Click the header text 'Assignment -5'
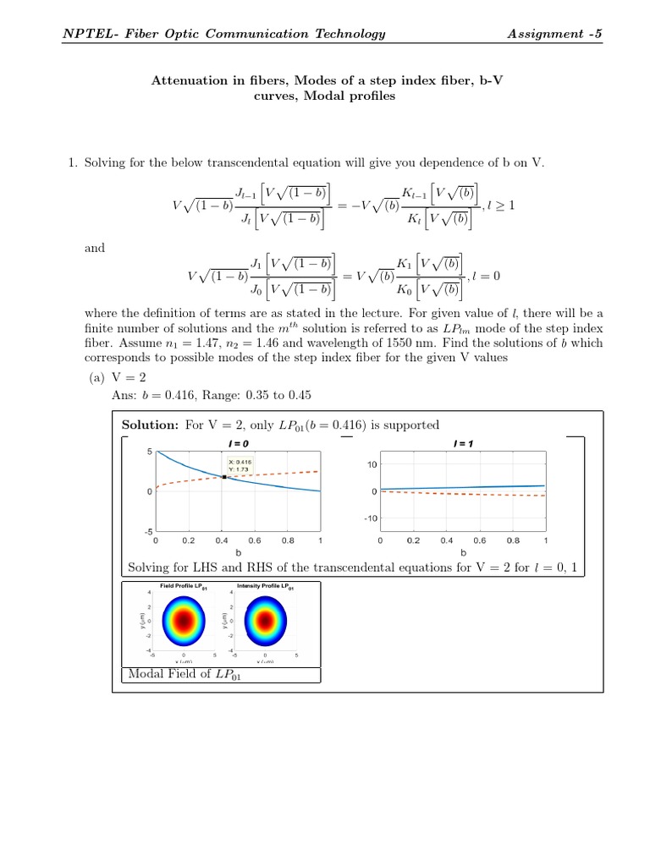point(554,34)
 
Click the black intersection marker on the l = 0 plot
point(222,477)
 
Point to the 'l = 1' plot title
point(463,443)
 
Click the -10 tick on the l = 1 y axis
point(369,518)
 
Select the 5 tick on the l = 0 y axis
point(149,452)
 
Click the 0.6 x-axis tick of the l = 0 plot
point(254,540)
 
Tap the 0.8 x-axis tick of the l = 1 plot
point(513,540)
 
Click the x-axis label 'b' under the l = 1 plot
point(463,552)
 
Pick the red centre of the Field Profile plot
point(184,621)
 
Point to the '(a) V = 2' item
point(118,379)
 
